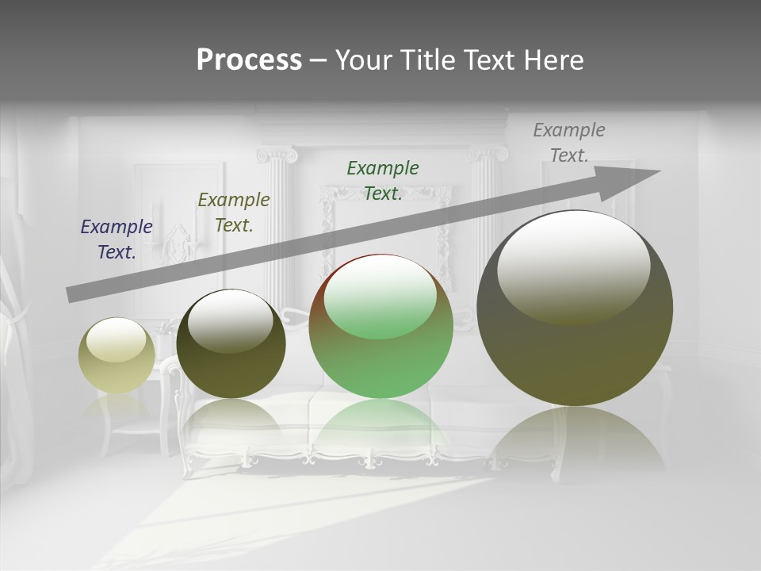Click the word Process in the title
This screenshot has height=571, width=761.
(249, 60)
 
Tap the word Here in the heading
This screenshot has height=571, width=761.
(555, 60)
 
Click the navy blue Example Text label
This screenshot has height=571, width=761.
(117, 240)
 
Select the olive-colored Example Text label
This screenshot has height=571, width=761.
(234, 213)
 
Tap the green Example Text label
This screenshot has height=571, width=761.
(383, 180)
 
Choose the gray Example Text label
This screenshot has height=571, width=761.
(569, 143)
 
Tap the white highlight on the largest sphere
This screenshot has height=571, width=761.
(573, 266)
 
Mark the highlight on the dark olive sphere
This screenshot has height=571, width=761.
(231, 322)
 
